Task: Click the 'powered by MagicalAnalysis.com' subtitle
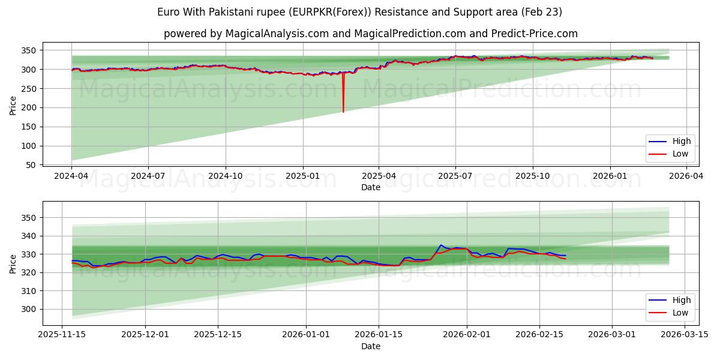(370, 34)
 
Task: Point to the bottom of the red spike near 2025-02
(343, 112)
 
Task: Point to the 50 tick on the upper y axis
(32, 165)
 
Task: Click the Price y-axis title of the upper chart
(13, 106)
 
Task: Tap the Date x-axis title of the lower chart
(370, 346)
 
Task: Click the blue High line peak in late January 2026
(441, 245)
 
